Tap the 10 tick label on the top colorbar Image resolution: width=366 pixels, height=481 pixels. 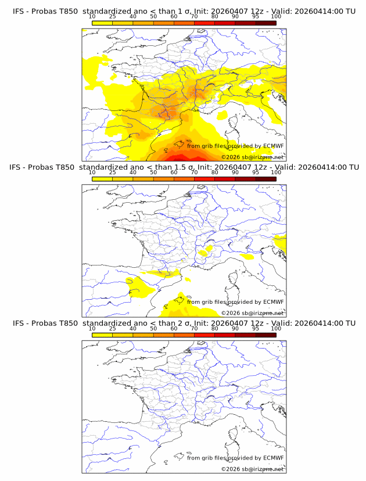click(x=92, y=16)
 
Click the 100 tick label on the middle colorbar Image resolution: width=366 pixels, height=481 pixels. click(x=276, y=173)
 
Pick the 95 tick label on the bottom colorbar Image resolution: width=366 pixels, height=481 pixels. click(x=256, y=328)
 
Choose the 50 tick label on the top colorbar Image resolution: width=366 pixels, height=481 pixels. click(x=153, y=16)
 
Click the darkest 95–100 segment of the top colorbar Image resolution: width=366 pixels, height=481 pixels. click(x=265, y=23)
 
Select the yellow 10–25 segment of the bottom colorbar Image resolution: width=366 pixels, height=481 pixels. click(x=102, y=335)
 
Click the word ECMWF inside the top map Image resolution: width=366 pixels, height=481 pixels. click(x=273, y=146)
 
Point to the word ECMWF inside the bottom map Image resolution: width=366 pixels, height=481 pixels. click(x=273, y=458)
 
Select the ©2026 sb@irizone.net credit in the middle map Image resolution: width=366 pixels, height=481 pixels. click(x=252, y=313)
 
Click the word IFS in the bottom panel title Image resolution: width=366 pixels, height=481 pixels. click(x=19, y=323)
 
